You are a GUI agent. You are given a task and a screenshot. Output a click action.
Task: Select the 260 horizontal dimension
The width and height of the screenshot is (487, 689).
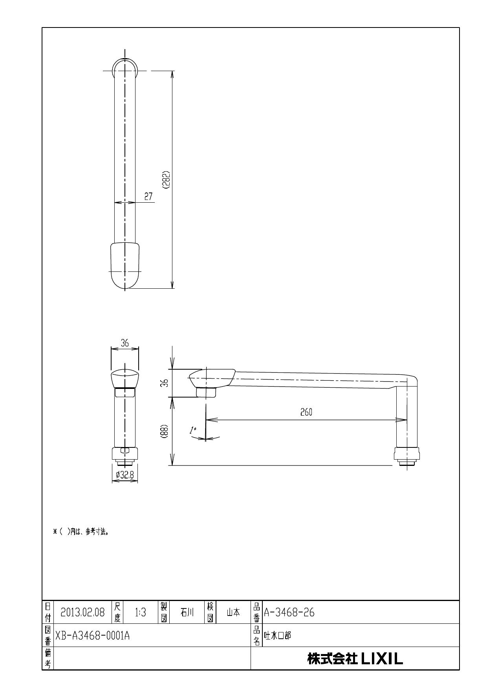[306, 412]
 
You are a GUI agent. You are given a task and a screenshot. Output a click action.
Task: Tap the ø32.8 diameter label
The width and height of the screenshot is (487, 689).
[125, 475]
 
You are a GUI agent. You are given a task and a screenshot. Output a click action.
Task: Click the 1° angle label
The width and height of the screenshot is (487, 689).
[192, 430]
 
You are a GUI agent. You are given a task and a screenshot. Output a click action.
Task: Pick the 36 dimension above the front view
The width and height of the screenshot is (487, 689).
[124, 343]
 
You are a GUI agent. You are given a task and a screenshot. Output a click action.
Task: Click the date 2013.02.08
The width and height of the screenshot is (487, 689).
[83, 612]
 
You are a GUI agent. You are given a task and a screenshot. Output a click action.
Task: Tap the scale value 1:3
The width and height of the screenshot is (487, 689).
[140, 612]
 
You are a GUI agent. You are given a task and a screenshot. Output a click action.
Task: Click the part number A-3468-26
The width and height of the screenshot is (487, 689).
[289, 612]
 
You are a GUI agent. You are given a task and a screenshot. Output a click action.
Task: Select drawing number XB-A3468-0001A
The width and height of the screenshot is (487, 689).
[92, 636]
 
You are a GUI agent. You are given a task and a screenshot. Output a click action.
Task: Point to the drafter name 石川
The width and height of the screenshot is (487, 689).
[187, 612]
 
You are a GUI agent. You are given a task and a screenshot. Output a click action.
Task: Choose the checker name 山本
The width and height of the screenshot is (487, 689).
[233, 612]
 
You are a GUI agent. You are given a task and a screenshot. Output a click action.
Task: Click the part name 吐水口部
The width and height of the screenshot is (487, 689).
[278, 636]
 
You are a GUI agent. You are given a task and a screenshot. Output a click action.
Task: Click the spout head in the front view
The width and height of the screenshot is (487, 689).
[125, 378]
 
